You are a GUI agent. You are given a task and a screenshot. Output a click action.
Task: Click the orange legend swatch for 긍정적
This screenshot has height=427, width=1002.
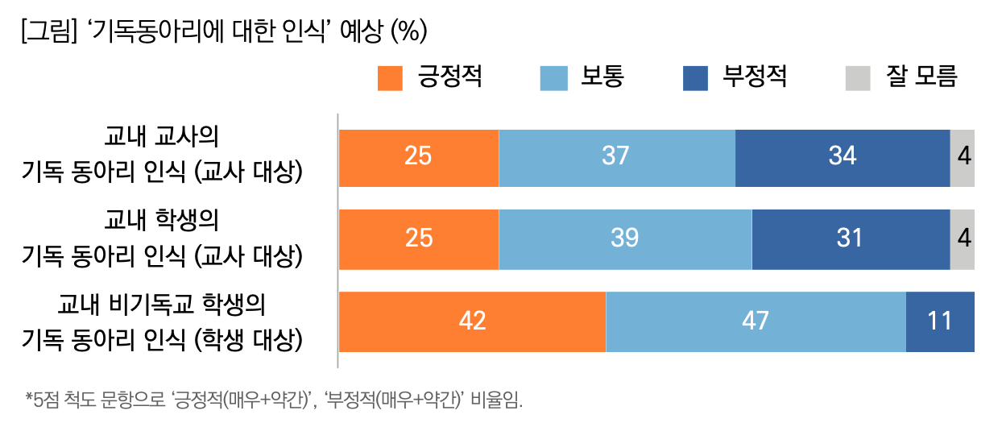[x=390, y=78]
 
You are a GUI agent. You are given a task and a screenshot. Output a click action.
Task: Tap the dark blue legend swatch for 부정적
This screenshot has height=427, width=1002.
[x=694, y=78]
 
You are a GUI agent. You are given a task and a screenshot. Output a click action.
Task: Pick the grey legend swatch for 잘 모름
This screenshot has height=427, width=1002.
[x=858, y=78]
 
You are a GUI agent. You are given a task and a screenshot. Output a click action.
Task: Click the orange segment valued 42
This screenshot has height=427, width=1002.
[x=472, y=321]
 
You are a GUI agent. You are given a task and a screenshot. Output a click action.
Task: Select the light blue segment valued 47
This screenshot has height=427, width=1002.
[x=756, y=321]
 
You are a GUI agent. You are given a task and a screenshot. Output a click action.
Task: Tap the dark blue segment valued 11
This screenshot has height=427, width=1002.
[x=940, y=321]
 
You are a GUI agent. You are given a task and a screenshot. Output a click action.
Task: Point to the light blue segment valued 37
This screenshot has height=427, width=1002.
[x=617, y=157]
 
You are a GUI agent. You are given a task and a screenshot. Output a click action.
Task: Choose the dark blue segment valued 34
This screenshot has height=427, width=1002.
[x=843, y=157]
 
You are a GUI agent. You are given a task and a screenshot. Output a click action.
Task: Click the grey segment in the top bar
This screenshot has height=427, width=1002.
[x=963, y=157]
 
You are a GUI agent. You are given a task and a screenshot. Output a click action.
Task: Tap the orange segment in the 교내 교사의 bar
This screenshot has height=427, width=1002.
[x=419, y=157]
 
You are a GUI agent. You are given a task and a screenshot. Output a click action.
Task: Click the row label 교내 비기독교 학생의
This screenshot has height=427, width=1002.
[x=162, y=305]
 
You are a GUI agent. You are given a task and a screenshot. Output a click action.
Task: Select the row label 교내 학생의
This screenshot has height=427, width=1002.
[x=162, y=220]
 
